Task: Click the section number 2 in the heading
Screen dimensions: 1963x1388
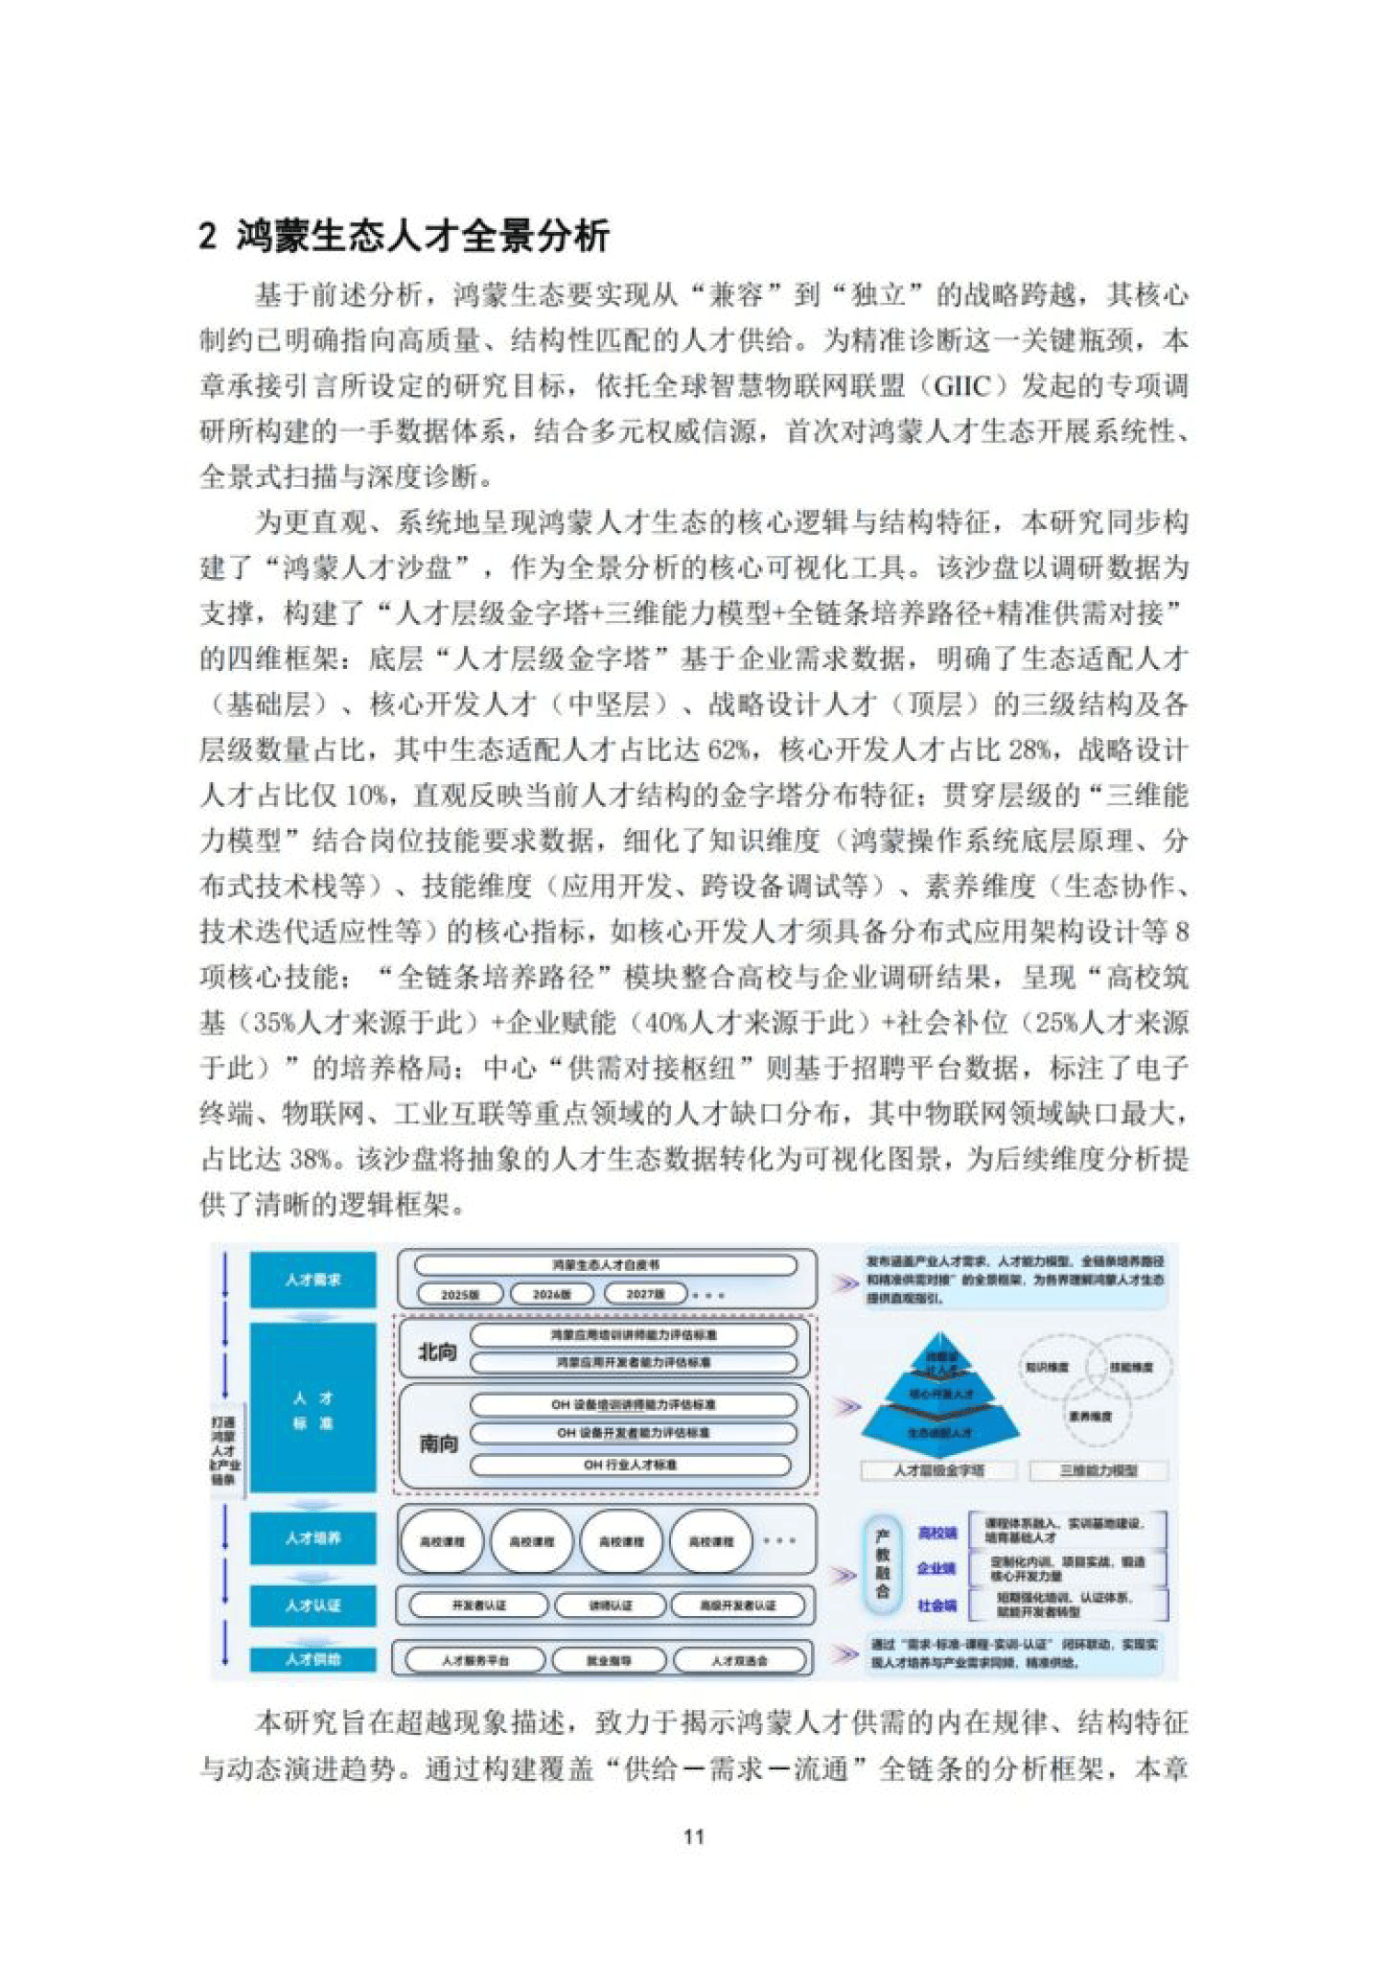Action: (x=208, y=236)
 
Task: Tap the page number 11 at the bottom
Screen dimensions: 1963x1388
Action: (x=694, y=1836)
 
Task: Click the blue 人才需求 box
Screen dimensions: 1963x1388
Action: (x=313, y=1279)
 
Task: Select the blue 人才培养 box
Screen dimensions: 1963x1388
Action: (x=313, y=1538)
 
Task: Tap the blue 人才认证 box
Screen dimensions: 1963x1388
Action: (x=313, y=1605)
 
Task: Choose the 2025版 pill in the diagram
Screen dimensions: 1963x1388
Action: (x=459, y=1294)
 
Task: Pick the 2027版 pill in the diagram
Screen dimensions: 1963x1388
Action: (x=645, y=1294)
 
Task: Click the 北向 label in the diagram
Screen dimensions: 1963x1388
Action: (x=437, y=1352)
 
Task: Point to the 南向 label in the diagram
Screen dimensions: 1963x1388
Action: (x=438, y=1444)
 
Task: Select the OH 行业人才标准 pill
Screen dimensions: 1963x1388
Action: (x=630, y=1464)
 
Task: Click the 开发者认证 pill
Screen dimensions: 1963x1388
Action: (x=479, y=1605)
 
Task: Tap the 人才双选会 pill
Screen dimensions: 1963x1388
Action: (x=739, y=1660)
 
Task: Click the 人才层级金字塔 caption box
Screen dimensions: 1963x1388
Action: (x=938, y=1471)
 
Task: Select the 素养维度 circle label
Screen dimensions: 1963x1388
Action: (x=1090, y=1416)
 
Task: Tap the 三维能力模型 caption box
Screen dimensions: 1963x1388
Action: (x=1097, y=1471)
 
